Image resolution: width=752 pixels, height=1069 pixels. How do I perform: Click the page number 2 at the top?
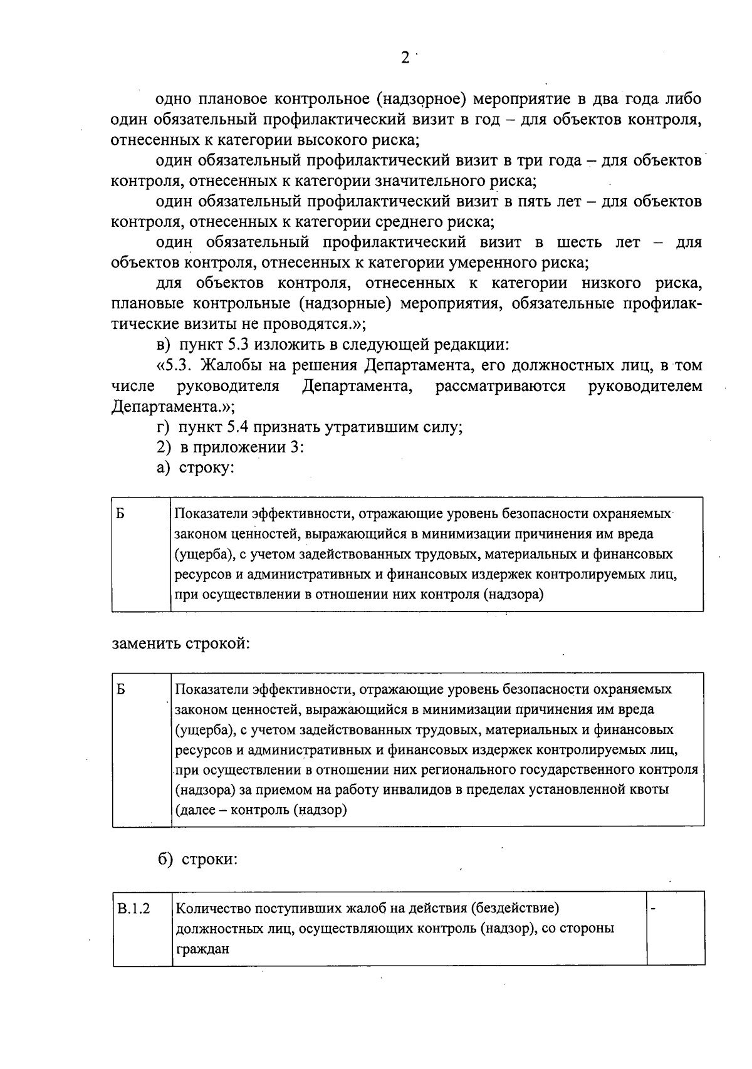pyautogui.click(x=405, y=58)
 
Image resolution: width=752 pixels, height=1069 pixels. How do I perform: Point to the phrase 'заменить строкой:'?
pyautogui.click(x=180, y=644)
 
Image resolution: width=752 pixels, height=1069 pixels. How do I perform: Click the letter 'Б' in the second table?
pyautogui.click(x=120, y=690)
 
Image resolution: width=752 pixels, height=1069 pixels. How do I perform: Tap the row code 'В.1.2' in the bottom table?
pyautogui.click(x=133, y=909)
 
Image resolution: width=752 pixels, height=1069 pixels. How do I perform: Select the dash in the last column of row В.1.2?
pyautogui.click(x=654, y=909)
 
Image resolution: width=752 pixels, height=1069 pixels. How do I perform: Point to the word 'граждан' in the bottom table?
pyautogui.click(x=202, y=949)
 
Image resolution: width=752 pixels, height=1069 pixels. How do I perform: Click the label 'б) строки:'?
pyautogui.click(x=197, y=859)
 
